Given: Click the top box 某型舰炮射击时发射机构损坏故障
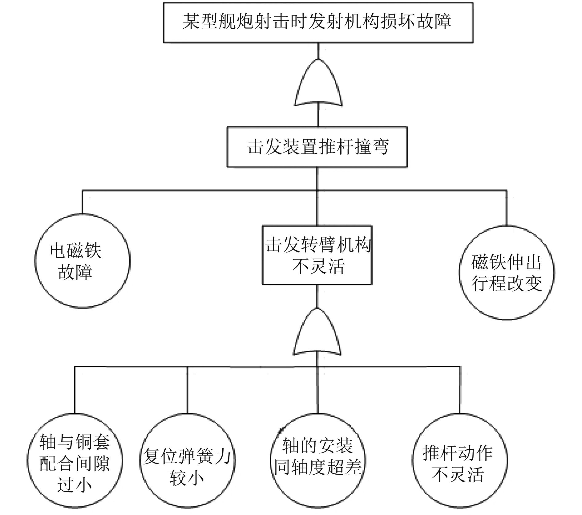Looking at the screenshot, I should pos(318,22).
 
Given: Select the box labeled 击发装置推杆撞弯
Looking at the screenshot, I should pos(317,147).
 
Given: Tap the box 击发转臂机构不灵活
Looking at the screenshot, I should pos(317,255).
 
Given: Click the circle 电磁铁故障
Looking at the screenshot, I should pos(82,261).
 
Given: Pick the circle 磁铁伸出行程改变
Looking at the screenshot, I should pos(507,272).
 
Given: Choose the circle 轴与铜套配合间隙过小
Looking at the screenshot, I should pos(74,460).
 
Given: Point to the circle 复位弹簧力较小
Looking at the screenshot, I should pos(187,460).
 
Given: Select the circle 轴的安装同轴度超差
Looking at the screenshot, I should pos(317,460).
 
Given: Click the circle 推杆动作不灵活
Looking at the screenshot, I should pos(459,460).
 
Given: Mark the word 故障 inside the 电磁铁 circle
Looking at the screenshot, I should pos(75,272).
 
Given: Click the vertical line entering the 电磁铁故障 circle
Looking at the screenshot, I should pos(82,202).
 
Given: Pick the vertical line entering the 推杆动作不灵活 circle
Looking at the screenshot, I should pos(460,390).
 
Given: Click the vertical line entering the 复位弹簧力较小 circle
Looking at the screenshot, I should pos(187,390).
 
